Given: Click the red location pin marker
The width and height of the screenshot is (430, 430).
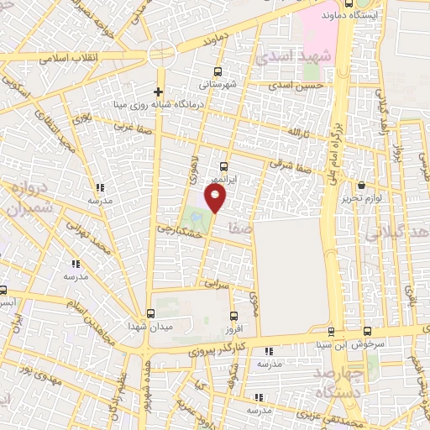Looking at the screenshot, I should point(216,199).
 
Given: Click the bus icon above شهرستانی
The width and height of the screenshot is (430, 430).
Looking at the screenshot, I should point(218,72).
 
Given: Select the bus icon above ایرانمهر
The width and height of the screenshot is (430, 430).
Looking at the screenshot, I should point(223,166).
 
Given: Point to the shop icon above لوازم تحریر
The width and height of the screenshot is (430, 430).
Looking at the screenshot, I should point(360,185).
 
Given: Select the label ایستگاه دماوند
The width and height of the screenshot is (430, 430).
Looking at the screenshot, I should point(373,16).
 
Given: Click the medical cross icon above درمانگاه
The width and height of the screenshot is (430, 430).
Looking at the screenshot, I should point(157,92).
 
